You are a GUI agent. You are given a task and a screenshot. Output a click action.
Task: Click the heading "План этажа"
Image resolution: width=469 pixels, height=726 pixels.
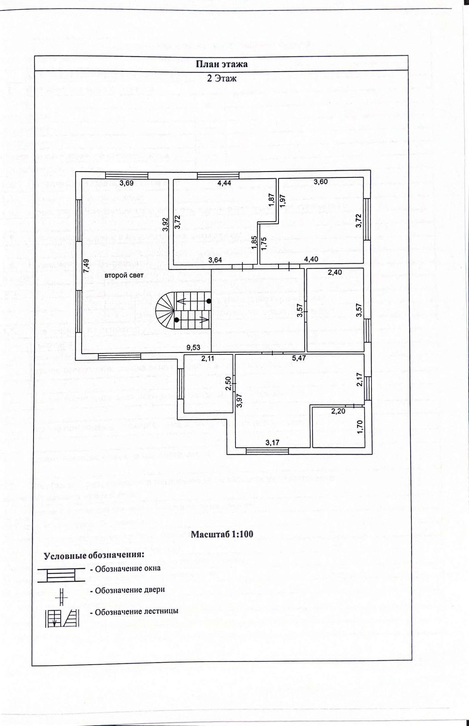click(x=221, y=64)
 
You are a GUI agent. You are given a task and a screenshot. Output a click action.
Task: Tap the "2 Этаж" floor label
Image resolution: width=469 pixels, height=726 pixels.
click(x=221, y=78)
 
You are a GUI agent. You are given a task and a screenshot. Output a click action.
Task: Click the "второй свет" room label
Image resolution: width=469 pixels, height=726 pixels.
click(x=124, y=275)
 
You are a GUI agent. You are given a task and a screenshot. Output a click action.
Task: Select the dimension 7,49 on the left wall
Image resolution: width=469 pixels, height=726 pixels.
click(x=86, y=265)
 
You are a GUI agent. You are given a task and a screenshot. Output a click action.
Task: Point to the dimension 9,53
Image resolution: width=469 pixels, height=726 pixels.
click(x=194, y=348)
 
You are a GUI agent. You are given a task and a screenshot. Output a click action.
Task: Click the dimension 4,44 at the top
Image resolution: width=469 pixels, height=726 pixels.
click(x=224, y=183)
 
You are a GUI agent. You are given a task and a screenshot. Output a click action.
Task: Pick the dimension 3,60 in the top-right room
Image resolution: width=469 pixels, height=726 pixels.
click(x=320, y=182)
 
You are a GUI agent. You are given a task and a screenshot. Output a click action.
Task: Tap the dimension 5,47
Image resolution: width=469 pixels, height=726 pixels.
click(x=299, y=358)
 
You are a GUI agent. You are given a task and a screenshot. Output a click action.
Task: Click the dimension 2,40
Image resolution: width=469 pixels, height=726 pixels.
click(x=335, y=272)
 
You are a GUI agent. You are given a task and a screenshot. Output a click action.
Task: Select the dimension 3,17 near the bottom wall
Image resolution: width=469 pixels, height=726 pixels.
click(x=273, y=442)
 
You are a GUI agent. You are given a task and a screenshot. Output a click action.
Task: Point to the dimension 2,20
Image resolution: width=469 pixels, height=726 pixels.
click(x=338, y=412)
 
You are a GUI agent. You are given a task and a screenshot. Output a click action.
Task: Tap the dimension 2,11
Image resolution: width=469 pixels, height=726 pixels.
click(x=208, y=358)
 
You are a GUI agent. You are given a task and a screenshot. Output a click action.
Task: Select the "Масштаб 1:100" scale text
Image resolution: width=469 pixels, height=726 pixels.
click(x=221, y=534)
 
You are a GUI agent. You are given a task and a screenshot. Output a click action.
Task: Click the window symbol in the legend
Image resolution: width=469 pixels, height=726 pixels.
click(x=61, y=574)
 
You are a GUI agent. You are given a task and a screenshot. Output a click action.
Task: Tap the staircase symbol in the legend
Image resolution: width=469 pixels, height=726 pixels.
click(x=62, y=618)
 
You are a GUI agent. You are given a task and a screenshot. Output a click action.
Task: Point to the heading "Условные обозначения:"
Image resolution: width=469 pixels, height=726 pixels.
click(x=94, y=555)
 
